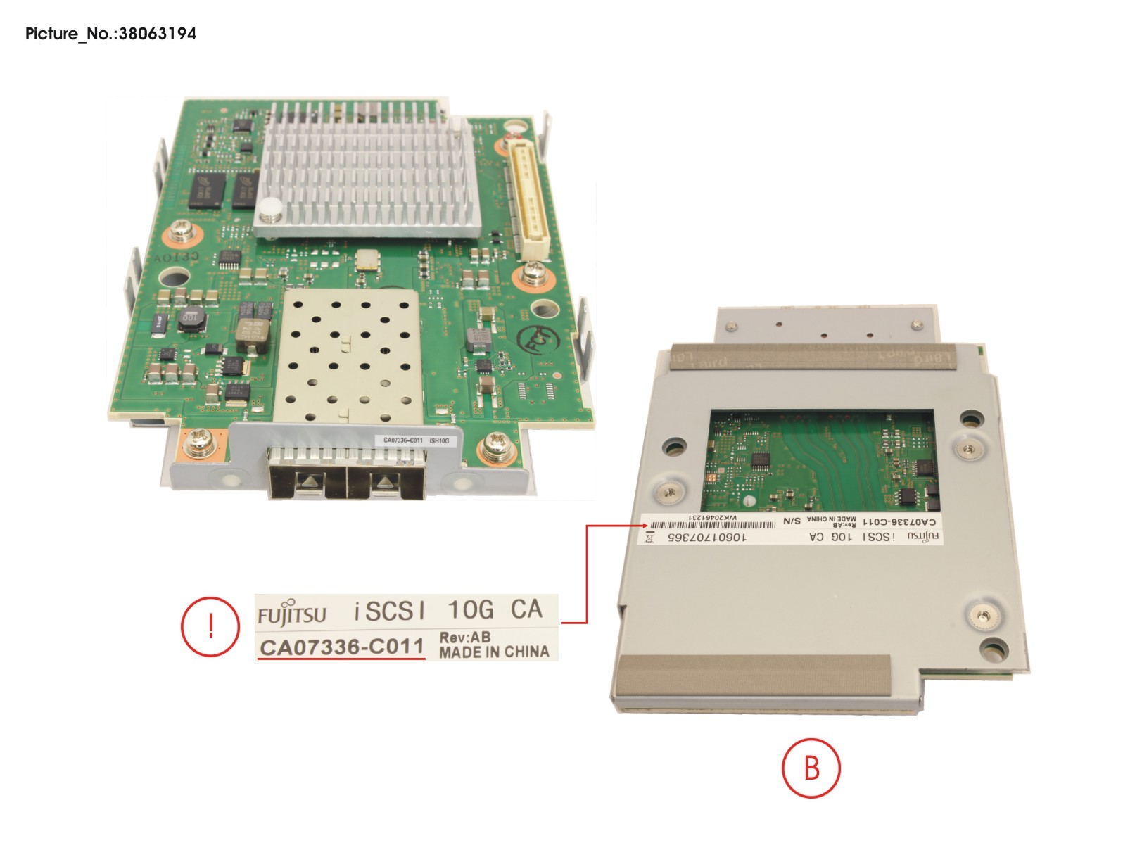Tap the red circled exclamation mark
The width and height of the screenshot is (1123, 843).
tap(210, 626)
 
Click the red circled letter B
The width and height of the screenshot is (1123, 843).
tap(811, 768)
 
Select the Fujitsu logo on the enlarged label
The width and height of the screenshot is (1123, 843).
tap(292, 614)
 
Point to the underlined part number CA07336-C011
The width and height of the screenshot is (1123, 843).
tap(342, 647)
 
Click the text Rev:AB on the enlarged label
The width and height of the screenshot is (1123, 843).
tap(464, 638)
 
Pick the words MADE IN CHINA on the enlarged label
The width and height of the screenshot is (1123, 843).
tap(494, 652)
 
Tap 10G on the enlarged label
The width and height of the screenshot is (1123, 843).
tap(470, 609)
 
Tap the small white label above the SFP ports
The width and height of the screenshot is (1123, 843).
tap(415, 440)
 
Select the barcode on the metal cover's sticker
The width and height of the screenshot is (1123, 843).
tap(711, 525)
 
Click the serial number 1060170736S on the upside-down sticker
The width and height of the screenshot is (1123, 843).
tap(706, 537)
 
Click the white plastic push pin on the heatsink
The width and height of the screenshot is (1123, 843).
tap(269, 208)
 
